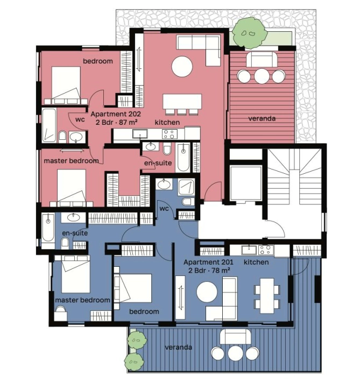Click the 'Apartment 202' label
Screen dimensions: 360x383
point(116,114)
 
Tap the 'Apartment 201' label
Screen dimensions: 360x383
point(208,263)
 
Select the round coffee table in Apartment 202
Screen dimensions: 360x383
point(182,67)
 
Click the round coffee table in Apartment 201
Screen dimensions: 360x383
point(207,292)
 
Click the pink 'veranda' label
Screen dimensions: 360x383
point(262,119)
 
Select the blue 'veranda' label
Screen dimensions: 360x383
point(178,347)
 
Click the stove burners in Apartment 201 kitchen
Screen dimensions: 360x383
point(266,250)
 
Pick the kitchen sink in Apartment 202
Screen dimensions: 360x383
point(140,134)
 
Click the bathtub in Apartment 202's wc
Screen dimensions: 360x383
point(49,125)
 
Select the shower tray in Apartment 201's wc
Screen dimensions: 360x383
point(187,187)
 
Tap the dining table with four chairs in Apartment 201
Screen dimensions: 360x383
point(267,296)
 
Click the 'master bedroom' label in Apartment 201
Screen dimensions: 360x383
point(83,300)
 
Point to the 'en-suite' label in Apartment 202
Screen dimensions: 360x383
point(158,163)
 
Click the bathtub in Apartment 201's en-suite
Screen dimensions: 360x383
point(48,228)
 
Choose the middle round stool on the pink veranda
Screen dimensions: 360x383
point(262,76)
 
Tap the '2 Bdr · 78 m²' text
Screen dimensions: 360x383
point(209,271)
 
